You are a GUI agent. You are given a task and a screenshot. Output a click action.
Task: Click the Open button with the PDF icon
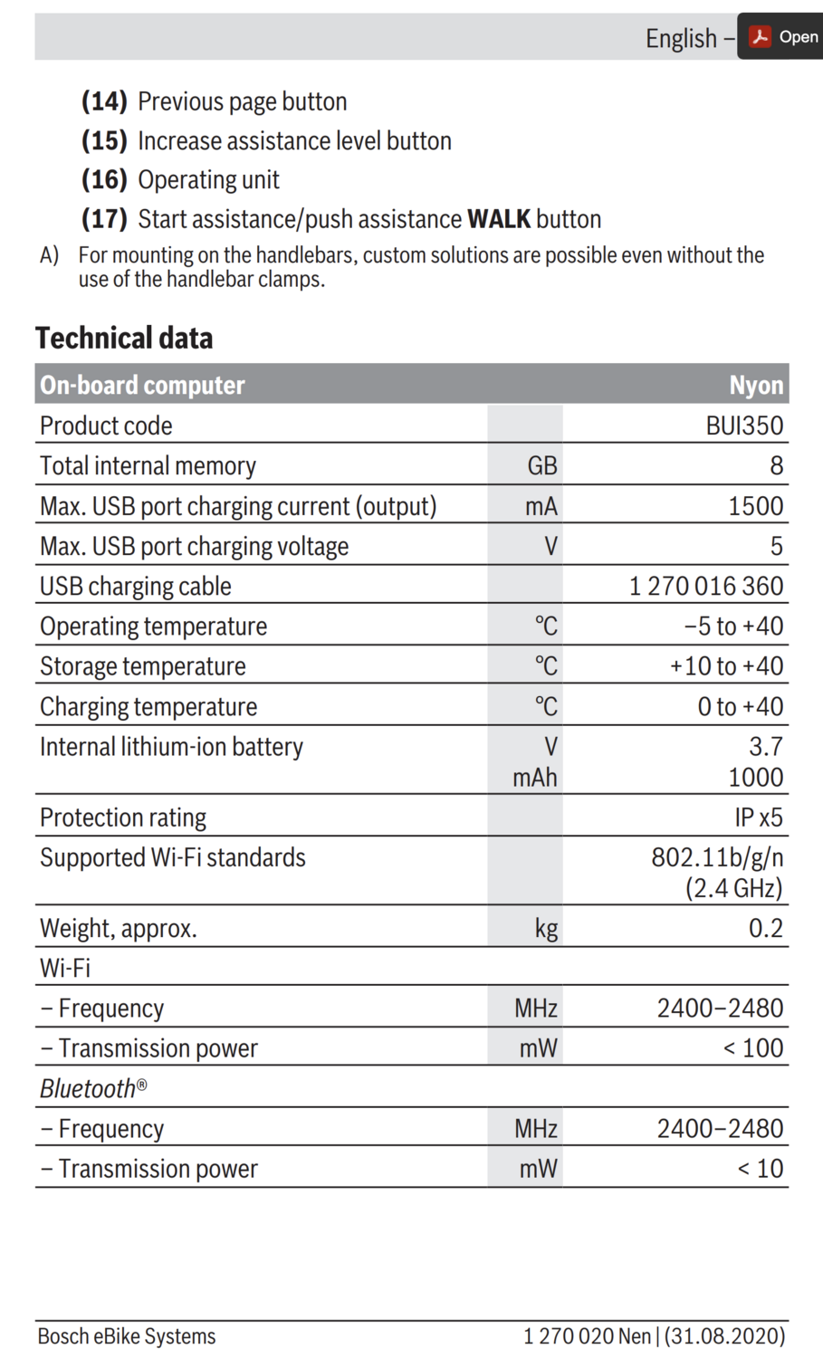coord(782,37)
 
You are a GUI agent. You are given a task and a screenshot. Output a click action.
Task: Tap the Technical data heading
coord(124,338)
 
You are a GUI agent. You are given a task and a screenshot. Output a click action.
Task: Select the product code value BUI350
coord(744,426)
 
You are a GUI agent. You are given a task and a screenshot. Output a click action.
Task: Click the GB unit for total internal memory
coord(542,465)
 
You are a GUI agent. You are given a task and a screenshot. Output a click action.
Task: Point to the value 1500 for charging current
coord(756,506)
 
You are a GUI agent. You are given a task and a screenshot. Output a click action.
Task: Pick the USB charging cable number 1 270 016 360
coord(706,586)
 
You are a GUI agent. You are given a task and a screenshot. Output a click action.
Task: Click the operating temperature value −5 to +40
coord(733,626)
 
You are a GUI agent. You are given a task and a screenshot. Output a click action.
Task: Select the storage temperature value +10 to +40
coord(726,666)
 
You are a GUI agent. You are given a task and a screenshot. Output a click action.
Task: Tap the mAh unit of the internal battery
coord(535,778)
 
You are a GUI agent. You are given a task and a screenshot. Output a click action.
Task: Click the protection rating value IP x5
coord(759,818)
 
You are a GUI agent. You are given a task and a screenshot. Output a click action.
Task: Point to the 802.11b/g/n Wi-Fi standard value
coord(717,857)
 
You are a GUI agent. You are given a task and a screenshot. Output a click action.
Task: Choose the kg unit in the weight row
coord(546,928)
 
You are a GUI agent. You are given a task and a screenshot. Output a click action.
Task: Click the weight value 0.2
coord(765,928)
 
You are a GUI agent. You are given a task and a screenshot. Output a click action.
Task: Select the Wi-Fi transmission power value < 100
coord(753,1048)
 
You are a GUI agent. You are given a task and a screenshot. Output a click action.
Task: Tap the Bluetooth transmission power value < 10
coord(761,1169)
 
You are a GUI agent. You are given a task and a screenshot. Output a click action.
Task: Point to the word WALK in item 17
coord(498,219)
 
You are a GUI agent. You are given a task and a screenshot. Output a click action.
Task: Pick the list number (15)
coord(104,141)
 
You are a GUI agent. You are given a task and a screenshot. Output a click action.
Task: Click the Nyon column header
coord(756,385)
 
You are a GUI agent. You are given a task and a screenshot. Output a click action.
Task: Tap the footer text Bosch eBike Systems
coord(127,1336)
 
